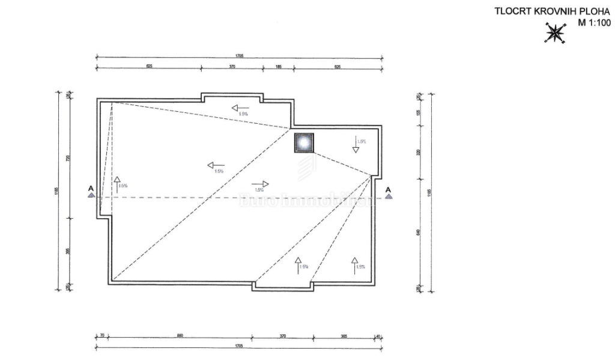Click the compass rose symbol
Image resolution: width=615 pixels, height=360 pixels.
tap(555, 32)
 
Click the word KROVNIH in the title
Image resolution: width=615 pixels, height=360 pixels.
tap(542, 11)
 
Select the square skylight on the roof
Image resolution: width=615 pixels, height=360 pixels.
tap(303, 142)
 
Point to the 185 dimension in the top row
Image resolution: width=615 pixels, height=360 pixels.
tap(278, 67)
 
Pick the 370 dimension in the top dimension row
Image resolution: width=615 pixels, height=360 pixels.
tap(232, 67)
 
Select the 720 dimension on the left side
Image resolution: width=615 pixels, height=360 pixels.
tap(68, 158)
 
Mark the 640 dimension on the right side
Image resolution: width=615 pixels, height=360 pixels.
tap(418, 232)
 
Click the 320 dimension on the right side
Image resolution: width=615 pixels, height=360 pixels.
tap(418, 153)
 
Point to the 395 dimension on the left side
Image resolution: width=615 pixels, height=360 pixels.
tap(68, 252)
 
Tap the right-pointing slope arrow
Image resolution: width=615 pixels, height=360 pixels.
tap(260, 184)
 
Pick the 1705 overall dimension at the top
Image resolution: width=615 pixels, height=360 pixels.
tap(239, 56)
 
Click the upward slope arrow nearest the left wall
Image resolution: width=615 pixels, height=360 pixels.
tap(117, 183)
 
